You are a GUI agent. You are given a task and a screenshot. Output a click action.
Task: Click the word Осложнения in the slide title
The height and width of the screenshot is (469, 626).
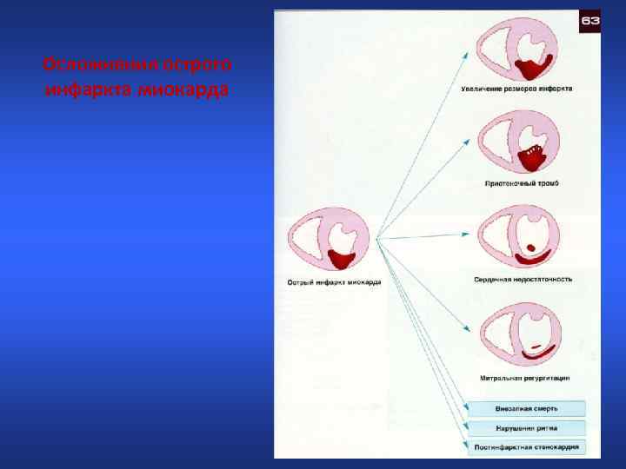[x=82, y=66]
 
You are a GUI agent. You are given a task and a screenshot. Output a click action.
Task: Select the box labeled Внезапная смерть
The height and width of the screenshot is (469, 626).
[x=527, y=408]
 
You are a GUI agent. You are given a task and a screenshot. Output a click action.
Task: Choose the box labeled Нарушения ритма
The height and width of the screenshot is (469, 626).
[x=527, y=428]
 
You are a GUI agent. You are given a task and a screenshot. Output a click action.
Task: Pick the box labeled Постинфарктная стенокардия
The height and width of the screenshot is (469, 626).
[x=527, y=448]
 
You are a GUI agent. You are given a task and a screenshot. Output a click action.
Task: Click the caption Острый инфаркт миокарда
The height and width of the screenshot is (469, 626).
[x=334, y=282]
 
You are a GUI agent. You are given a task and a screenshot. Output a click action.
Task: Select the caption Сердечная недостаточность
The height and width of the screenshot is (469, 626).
[x=523, y=279]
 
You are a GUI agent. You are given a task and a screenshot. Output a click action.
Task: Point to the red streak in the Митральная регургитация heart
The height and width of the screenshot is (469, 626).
[x=536, y=349]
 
